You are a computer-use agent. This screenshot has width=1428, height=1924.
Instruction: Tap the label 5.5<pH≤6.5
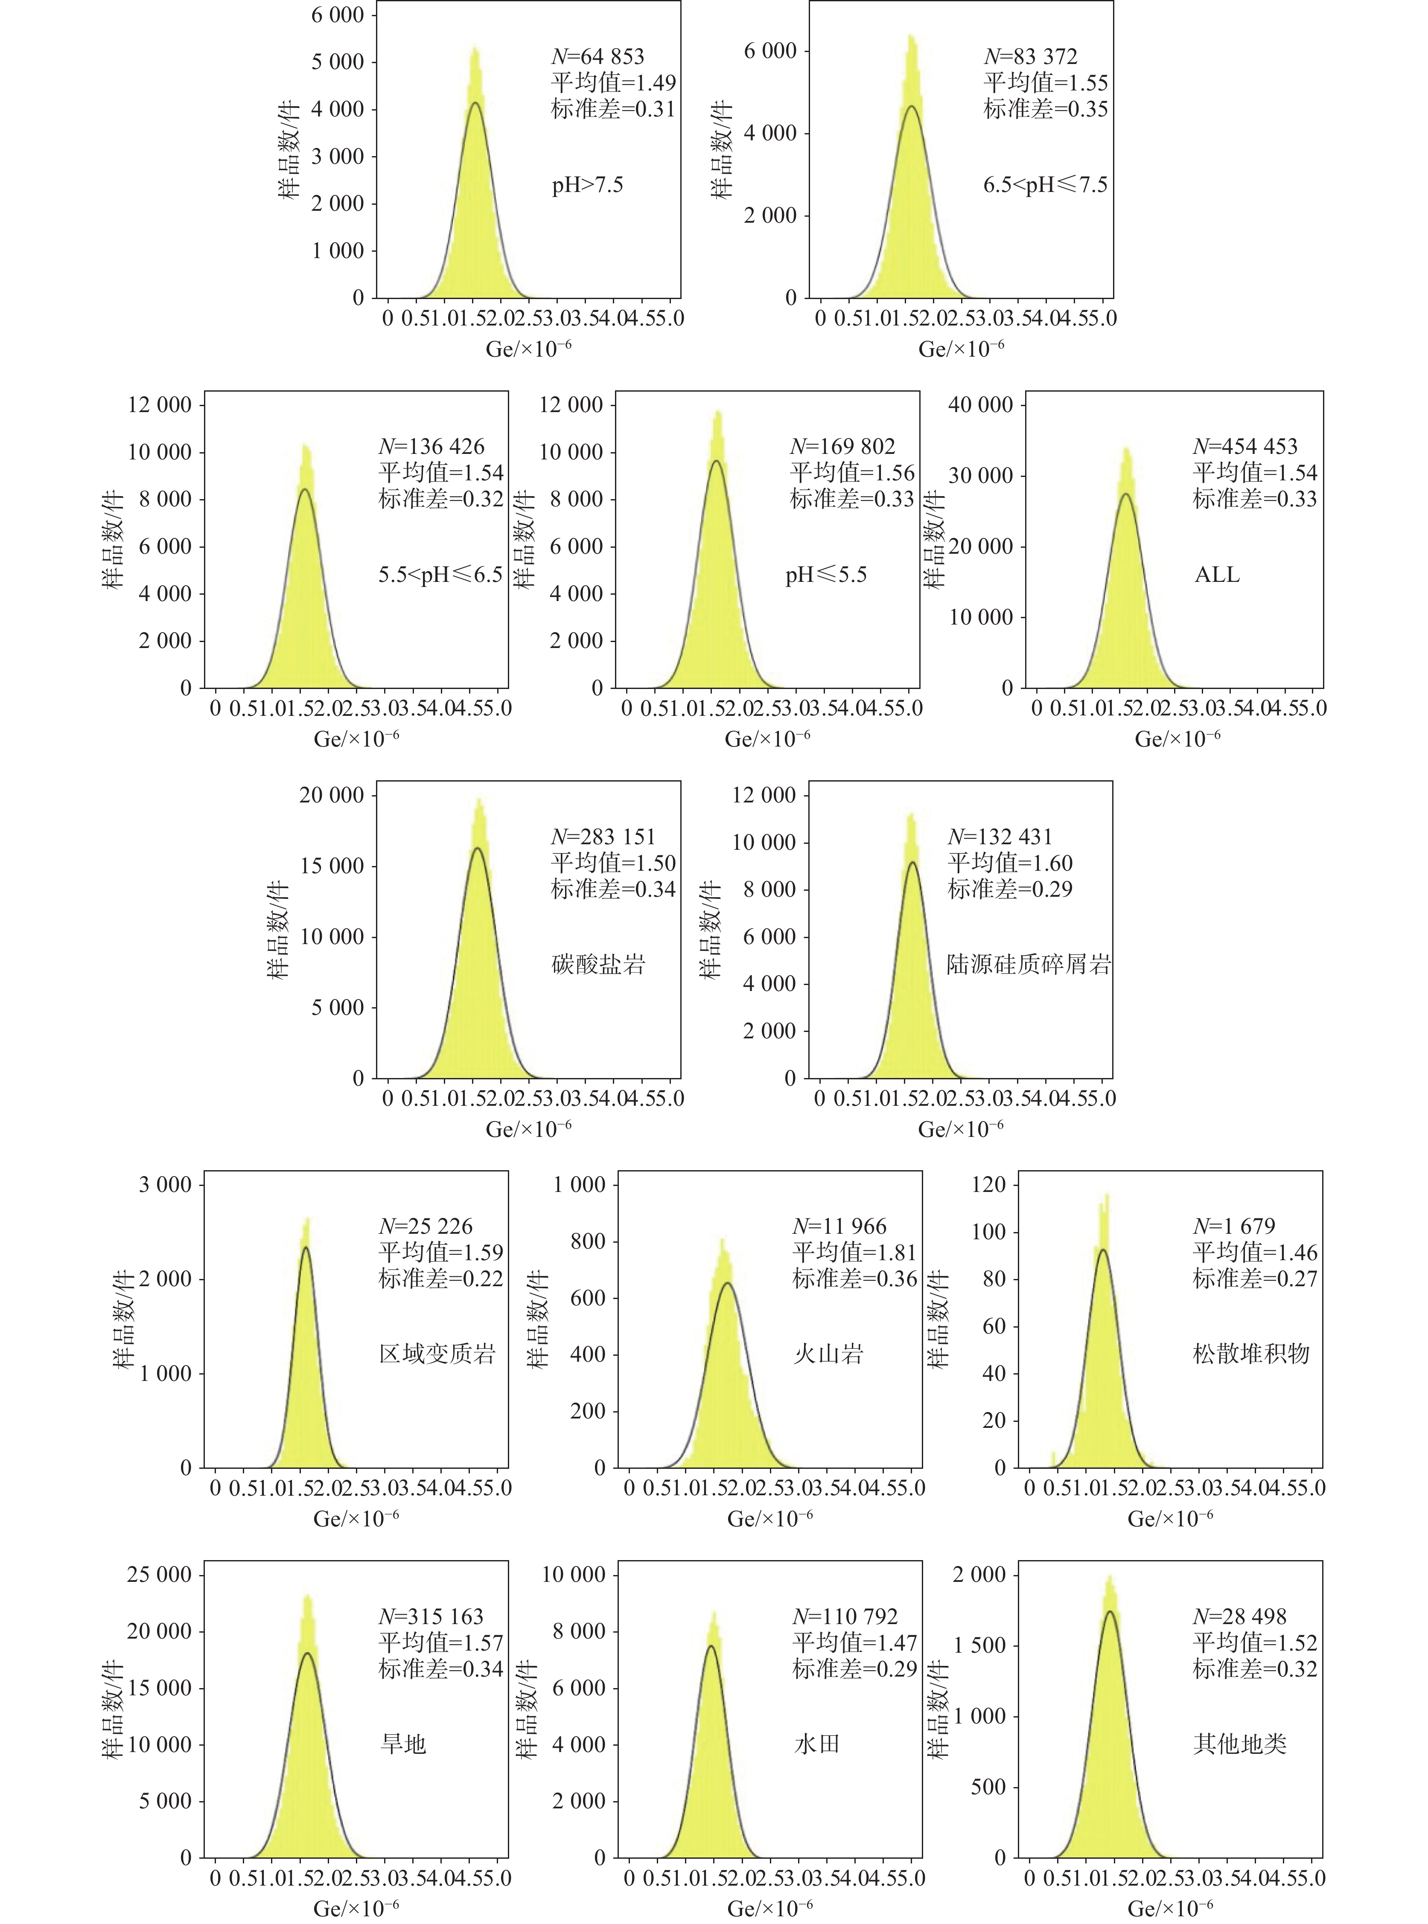pyautogui.click(x=440, y=575)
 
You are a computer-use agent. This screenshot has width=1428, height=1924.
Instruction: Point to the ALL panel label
pyautogui.click(x=1216, y=575)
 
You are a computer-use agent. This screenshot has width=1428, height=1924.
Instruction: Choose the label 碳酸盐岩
pyautogui.click(x=598, y=964)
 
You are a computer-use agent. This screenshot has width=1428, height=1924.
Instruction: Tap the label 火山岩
pyautogui.click(x=828, y=1354)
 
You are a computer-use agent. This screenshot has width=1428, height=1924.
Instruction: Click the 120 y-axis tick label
pyautogui.click(x=989, y=1184)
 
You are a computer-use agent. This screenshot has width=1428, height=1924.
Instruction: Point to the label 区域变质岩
pyautogui.click(x=437, y=1354)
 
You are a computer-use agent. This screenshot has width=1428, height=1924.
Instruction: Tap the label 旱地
pyautogui.click(x=404, y=1744)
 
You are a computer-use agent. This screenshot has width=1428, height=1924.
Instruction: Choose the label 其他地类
pyautogui.click(x=1239, y=1744)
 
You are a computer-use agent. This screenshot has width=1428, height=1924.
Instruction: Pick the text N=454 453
pyautogui.click(x=1245, y=447)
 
